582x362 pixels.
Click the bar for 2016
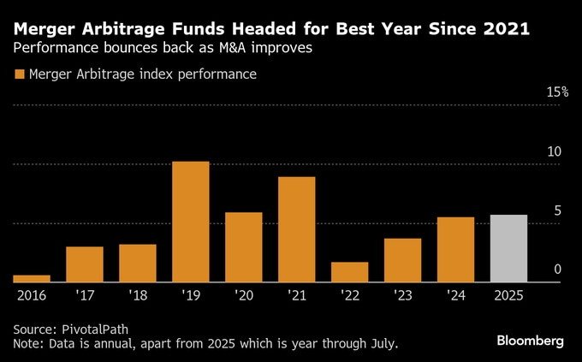[32, 278]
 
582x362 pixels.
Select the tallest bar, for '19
[191, 222]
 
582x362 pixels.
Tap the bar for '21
[297, 229]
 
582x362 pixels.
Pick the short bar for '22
[350, 272]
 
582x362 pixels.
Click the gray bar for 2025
[508, 248]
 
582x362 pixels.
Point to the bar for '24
[455, 249]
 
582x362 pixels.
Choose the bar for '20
[244, 247]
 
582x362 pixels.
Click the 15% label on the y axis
[557, 92]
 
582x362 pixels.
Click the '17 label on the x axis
[85, 295]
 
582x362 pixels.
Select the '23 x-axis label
[403, 295]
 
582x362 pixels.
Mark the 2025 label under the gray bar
[508, 295]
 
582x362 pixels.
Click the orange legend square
[19, 74]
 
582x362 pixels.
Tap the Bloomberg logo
[531, 341]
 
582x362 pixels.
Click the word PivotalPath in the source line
[98, 329]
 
